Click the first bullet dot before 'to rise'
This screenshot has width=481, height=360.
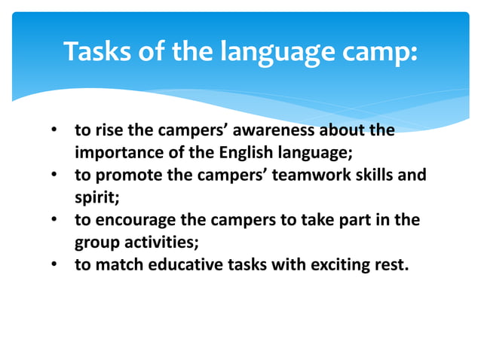[54, 131]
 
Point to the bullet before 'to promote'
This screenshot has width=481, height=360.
[54, 175]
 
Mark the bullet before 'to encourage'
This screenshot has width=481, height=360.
[54, 220]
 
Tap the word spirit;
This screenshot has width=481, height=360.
[93, 197]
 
